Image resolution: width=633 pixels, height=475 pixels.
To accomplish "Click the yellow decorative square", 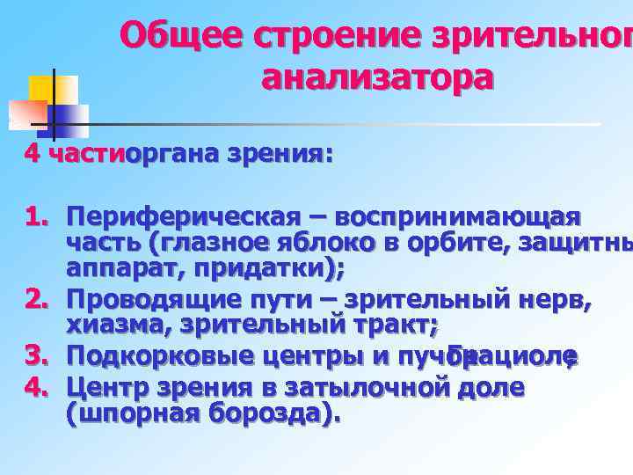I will pyautogui.click(x=51, y=91).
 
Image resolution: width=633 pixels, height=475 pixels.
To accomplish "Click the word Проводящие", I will pyautogui.click(x=163, y=303).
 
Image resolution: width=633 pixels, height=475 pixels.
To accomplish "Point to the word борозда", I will pyautogui.click(x=262, y=413).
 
